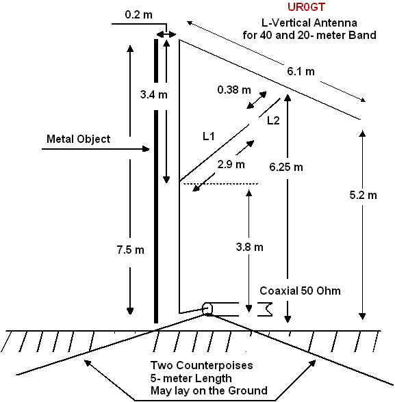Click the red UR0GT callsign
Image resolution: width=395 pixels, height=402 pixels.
tap(306, 7)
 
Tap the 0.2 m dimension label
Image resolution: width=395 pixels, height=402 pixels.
tap(138, 14)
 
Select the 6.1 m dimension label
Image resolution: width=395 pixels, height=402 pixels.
tap(301, 71)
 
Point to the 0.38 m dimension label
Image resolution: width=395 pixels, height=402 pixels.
tap(234, 90)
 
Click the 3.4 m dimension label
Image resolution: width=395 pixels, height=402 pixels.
tap(154, 94)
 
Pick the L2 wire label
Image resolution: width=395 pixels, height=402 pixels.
tap(273, 120)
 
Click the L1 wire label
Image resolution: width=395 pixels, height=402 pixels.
tap(208, 137)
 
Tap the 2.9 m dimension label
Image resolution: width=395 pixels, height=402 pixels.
tap(231, 164)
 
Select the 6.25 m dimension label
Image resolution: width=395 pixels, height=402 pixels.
tap(286, 167)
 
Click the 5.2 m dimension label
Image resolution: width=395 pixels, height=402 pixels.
tap(364, 196)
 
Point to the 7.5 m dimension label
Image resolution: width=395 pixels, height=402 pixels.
tap(130, 250)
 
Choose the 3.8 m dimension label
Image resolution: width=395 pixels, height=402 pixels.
tap(250, 247)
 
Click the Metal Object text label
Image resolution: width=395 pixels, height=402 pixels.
tap(78, 139)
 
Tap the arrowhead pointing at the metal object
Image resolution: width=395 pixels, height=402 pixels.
tap(146, 149)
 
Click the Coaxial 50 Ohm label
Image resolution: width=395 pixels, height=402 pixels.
tap(300, 291)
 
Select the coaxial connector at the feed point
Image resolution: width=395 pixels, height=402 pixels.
tap(207, 309)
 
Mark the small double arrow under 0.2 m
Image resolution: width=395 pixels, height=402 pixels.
tap(166, 35)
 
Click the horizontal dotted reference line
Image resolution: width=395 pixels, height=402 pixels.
tap(220, 183)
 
